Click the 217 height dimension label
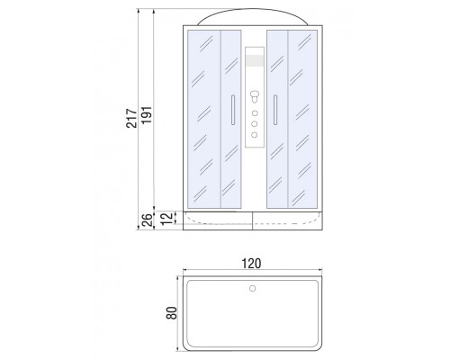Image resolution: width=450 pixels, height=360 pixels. click(x=131, y=119)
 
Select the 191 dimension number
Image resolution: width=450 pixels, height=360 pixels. click(x=147, y=115)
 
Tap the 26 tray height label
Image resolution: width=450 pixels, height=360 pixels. click(x=147, y=220)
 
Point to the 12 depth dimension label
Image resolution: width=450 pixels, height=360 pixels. click(x=167, y=218)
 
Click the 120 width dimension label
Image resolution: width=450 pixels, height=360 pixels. click(x=251, y=264)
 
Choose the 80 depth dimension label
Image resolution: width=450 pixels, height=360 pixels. click(x=172, y=313)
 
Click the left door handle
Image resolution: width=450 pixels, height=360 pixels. click(x=233, y=110)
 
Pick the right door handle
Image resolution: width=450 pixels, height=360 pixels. click(x=275, y=110)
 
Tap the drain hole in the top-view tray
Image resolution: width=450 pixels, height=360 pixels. click(x=253, y=289)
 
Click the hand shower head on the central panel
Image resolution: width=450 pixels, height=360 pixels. click(x=255, y=96)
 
